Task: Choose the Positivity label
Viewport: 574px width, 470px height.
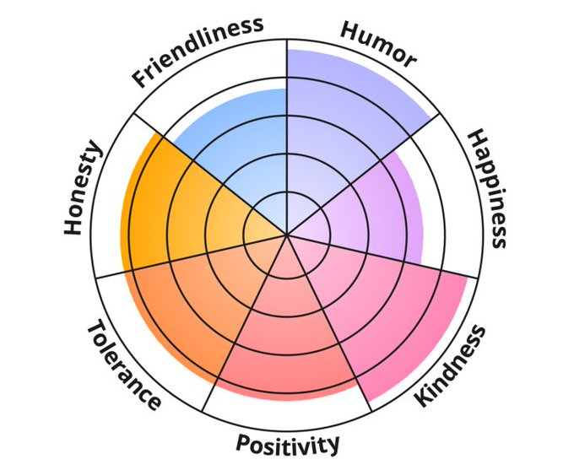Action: (287, 443)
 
